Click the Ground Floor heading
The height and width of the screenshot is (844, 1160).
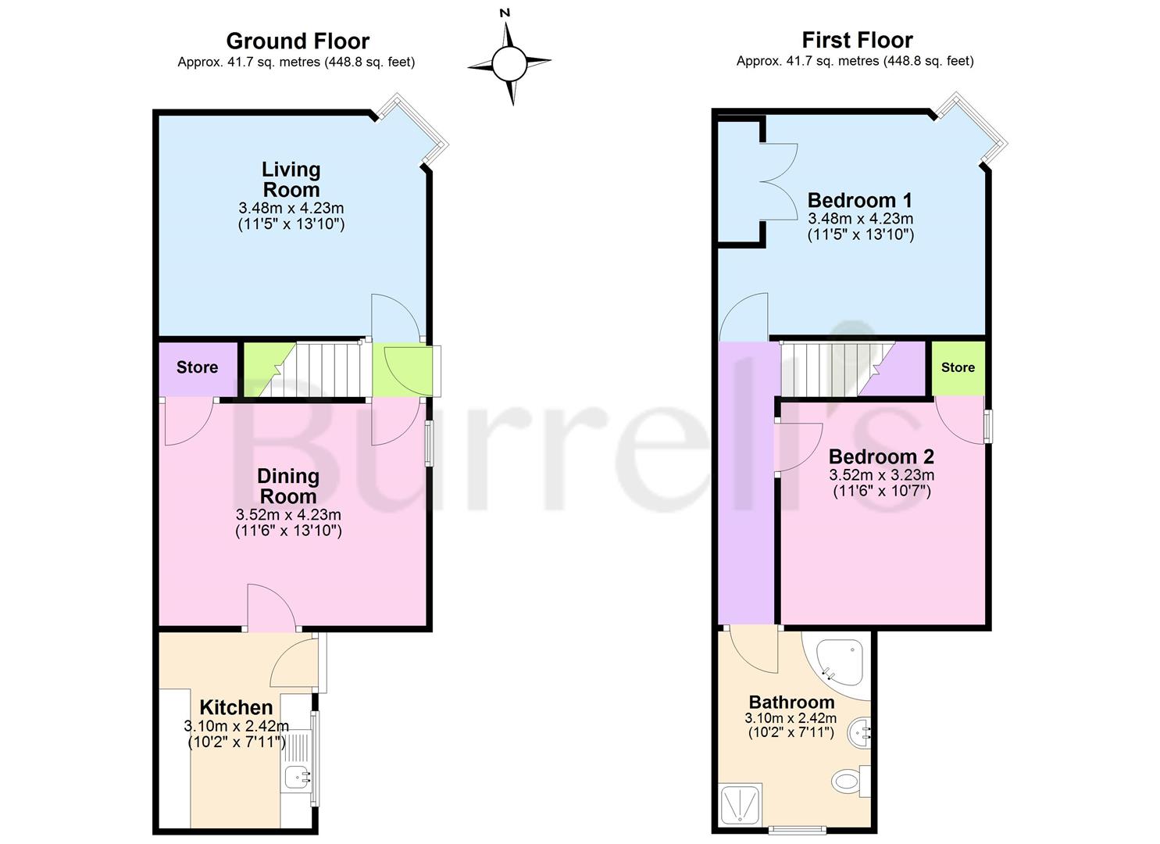click(298, 41)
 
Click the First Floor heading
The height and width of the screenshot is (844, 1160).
click(857, 40)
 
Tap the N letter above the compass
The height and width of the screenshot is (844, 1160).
click(505, 13)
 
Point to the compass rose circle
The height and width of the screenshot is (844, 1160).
click(509, 64)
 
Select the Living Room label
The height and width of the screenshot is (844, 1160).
click(291, 179)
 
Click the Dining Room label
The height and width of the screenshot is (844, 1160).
click(288, 486)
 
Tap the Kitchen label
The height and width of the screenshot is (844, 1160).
click(236, 707)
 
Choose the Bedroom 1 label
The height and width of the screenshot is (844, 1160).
click(859, 200)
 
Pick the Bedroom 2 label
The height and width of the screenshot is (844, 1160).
click(881, 456)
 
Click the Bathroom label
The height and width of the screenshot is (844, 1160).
click(792, 702)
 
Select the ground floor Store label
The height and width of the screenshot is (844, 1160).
click(198, 367)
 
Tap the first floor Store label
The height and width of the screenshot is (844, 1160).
click(958, 367)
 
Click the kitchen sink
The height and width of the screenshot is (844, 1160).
click(298, 777)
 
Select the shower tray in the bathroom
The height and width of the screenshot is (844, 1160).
click(741, 803)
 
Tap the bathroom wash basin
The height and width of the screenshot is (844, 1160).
click(859, 732)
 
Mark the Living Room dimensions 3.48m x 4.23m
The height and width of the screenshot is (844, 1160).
click(291, 209)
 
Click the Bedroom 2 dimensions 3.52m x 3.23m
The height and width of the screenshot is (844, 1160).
click(881, 474)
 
